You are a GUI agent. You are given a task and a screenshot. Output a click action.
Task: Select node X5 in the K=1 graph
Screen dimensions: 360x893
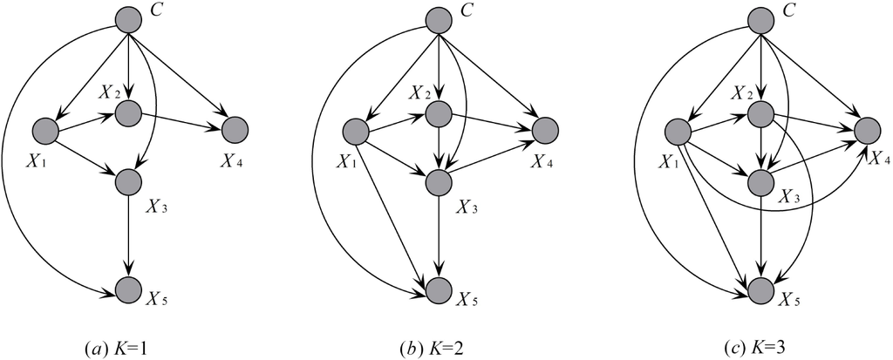(128, 289)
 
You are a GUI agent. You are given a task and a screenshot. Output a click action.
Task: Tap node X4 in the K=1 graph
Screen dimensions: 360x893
(235, 132)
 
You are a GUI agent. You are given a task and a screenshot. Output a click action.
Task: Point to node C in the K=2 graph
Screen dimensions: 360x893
(439, 19)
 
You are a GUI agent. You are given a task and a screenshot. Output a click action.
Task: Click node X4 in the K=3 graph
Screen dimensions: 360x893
(868, 132)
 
